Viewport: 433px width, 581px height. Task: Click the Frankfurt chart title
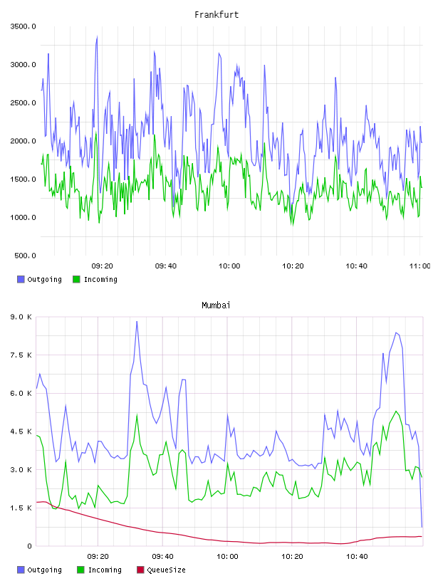(216, 15)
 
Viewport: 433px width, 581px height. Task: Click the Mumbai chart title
(216, 305)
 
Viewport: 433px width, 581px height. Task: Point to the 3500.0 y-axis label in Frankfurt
(23, 26)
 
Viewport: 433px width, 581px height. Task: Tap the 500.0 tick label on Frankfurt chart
(25, 256)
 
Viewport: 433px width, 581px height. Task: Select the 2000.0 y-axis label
(23, 141)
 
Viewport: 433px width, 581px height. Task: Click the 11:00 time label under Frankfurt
(419, 266)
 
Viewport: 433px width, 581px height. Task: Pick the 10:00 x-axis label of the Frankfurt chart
(229, 266)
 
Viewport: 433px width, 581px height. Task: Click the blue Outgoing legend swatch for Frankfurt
(21, 279)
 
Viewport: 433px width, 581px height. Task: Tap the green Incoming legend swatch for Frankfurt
(76, 279)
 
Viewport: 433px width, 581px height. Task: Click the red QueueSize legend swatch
(140, 570)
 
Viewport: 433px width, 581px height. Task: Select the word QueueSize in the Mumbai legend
(166, 570)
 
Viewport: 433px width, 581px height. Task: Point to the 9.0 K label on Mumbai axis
(21, 317)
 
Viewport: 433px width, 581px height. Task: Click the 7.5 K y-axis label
(21, 355)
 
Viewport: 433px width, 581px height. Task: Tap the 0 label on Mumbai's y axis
(29, 546)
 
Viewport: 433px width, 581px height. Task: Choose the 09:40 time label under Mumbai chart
(163, 557)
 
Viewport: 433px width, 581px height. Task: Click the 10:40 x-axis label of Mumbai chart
(357, 557)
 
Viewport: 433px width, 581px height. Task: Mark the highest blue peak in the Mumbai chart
(137, 322)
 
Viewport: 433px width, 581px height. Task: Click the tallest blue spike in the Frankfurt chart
(97, 36)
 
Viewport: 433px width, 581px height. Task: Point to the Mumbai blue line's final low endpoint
(422, 527)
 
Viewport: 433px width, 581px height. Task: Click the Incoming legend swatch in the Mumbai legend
(80, 570)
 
